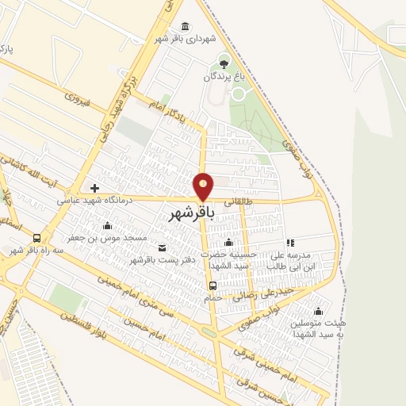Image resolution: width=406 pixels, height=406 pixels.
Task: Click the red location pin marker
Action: pos(204,186)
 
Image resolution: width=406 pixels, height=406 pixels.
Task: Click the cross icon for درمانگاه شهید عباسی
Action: pos(95,188)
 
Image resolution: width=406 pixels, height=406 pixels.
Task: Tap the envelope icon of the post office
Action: pos(162,247)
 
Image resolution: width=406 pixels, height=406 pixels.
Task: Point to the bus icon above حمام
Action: pos(212,285)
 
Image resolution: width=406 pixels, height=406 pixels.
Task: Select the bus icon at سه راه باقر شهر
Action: pos(36,238)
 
